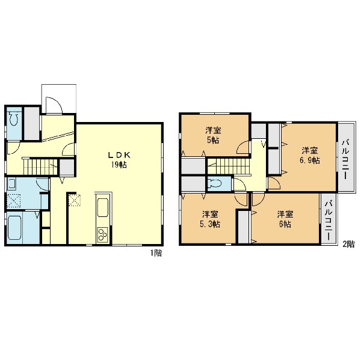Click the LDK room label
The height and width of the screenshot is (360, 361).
[x=120, y=155]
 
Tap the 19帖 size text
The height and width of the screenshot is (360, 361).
[x=119, y=165]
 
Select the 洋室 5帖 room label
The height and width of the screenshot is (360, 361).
[x=213, y=135]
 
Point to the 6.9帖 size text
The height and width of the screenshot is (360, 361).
[x=310, y=160]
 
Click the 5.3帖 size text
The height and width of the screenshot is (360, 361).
[x=210, y=224]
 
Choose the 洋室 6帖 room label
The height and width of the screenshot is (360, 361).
[x=285, y=219]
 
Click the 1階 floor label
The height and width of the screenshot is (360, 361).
[x=156, y=253]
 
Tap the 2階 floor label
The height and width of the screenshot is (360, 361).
[x=348, y=244]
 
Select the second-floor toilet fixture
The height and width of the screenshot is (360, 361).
[x=215, y=183]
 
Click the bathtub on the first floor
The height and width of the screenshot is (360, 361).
[x=14, y=227]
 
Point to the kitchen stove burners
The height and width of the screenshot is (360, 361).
[x=102, y=234]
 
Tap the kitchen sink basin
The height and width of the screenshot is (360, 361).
[x=103, y=207]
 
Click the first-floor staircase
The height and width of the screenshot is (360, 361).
[x=40, y=166]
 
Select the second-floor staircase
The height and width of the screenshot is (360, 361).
[x=229, y=166]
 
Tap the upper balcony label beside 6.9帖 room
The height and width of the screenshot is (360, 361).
[x=345, y=159]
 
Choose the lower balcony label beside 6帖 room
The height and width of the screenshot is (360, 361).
[x=329, y=221]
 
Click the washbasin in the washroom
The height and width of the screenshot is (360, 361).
[x=11, y=184]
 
